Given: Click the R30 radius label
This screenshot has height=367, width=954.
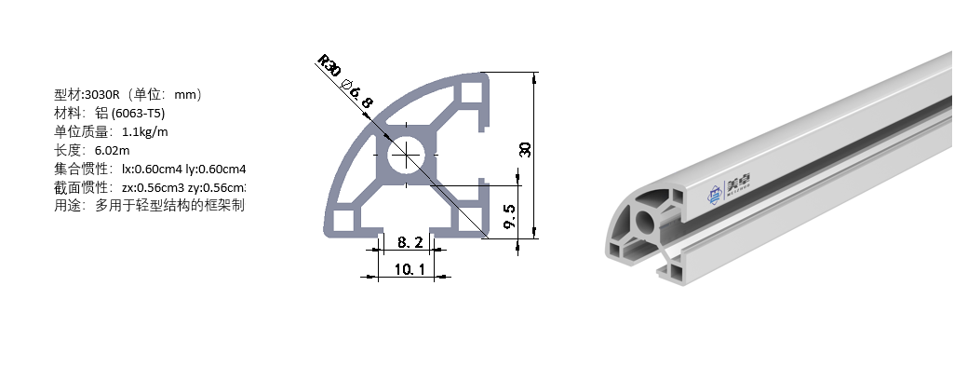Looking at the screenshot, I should click(328, 67).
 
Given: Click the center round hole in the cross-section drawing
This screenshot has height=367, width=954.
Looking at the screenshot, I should click(407, 155).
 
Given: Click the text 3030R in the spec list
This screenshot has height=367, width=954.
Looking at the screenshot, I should click(100, 94).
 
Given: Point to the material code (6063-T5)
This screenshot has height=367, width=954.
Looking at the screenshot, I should click(139, 113).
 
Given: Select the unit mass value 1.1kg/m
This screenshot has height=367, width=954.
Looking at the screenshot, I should click(145, 131).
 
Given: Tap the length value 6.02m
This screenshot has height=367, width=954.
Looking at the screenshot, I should click(113, 150).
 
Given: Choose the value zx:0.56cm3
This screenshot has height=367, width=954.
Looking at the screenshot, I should click(153, 187).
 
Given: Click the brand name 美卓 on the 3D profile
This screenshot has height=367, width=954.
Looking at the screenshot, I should click(738, 183).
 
